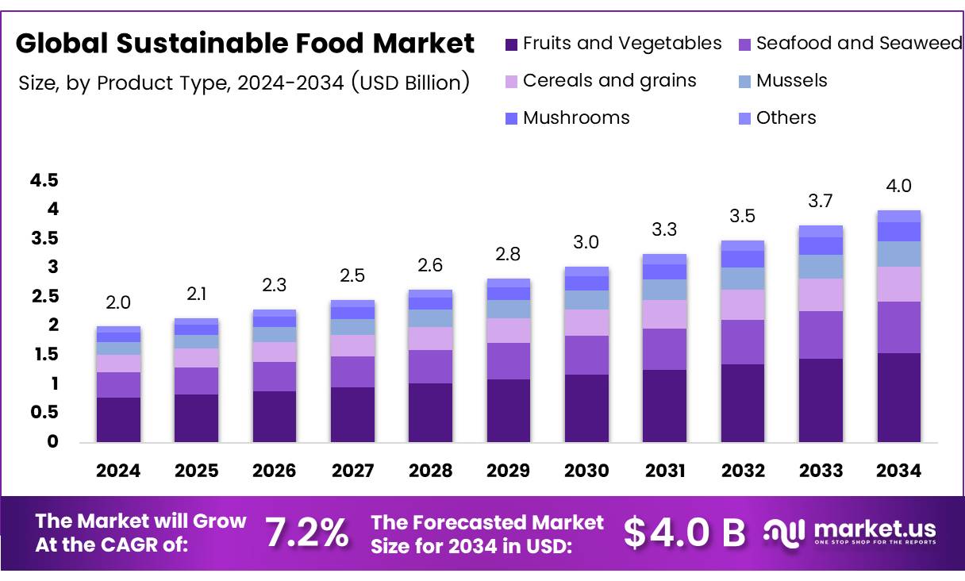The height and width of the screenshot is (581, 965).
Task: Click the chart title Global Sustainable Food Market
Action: (245, 44)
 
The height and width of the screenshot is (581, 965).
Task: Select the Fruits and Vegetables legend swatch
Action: (511, 44)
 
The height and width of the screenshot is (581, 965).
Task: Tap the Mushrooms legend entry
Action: (575, 118)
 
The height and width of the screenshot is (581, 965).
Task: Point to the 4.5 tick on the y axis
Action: (44, 181)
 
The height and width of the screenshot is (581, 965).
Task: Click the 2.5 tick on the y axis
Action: (44, 297)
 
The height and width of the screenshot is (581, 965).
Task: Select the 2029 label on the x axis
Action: (508, 471)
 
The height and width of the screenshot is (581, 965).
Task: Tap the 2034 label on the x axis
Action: (898, 471)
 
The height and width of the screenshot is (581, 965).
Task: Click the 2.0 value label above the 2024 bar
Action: (118, 302)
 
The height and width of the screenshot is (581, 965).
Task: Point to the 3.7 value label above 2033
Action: (821, 202)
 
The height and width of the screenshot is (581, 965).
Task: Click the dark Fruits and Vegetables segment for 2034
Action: (898, 397)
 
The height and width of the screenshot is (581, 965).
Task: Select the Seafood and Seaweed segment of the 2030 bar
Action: (586, 355)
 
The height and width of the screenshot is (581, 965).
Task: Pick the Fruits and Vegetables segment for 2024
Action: (118, 419)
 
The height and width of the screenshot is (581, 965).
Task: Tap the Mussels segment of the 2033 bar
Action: (821, 267)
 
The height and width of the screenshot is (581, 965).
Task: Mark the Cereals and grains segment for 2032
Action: (743, 305)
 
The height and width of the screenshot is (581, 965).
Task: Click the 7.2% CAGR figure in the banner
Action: (306, 533)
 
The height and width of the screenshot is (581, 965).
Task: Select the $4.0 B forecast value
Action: (684, 533)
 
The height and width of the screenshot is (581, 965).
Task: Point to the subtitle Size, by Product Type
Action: (244, 82)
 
